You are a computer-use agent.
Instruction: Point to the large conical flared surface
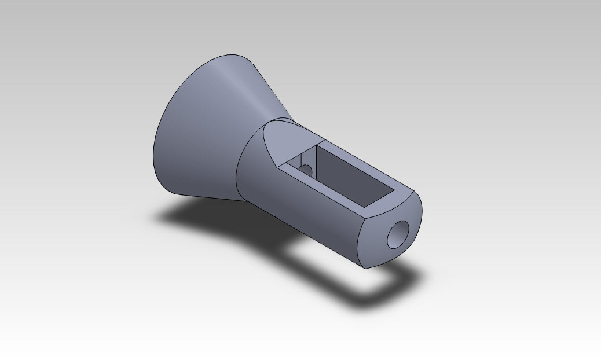point(197,133)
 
